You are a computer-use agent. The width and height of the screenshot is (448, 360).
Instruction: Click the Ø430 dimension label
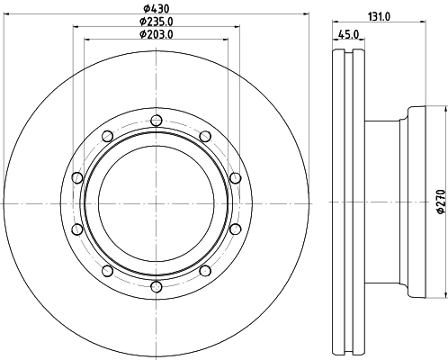click(x=156, y=8)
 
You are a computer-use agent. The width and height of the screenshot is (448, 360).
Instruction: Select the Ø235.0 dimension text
click(x=157, y=22)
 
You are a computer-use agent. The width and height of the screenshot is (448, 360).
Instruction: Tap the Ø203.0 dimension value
click(x=157, y=34)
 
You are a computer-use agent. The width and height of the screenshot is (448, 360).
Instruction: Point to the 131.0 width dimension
click(x=379, y=17)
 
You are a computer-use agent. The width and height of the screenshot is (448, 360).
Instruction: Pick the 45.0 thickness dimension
click(x=348, y=34)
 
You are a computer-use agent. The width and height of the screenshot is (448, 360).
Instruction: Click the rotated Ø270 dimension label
click(x=441, y=202)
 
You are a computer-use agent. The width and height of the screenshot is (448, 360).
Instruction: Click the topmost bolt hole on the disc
click(x=157, y=121)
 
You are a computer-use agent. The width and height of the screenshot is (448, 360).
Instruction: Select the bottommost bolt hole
click(x=157, y=286)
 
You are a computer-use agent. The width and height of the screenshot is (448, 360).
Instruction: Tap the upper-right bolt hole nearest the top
click(x=205, y=136)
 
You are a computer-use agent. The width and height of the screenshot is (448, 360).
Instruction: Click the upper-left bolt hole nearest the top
click(x=107, y=136)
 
